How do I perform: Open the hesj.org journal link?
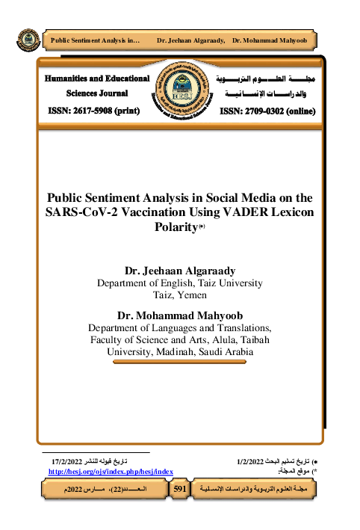[111, 472]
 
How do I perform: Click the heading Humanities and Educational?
[97, 78]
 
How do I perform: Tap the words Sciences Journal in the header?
[97, 93]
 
